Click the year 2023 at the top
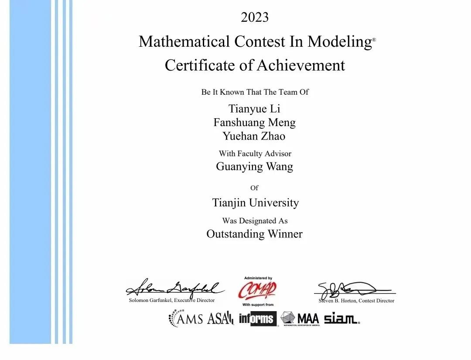pos(255,17)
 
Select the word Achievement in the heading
pos(300,65)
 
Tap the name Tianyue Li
pos(254,109)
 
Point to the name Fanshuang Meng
pos(254,123)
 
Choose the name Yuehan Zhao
pos(254,136)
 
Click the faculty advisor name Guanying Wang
pos(254,167)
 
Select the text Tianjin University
pos(255,203)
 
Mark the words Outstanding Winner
pos(254,234)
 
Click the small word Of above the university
pos(254,188)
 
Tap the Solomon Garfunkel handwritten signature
pos(174,288)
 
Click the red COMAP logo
pos(257,290)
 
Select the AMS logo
pos(186,318)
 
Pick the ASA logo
pos(220,319)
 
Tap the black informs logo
pos(258,319)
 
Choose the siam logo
pos(341,319)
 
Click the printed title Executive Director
pos(195,300)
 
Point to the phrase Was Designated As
pos(255,221)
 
